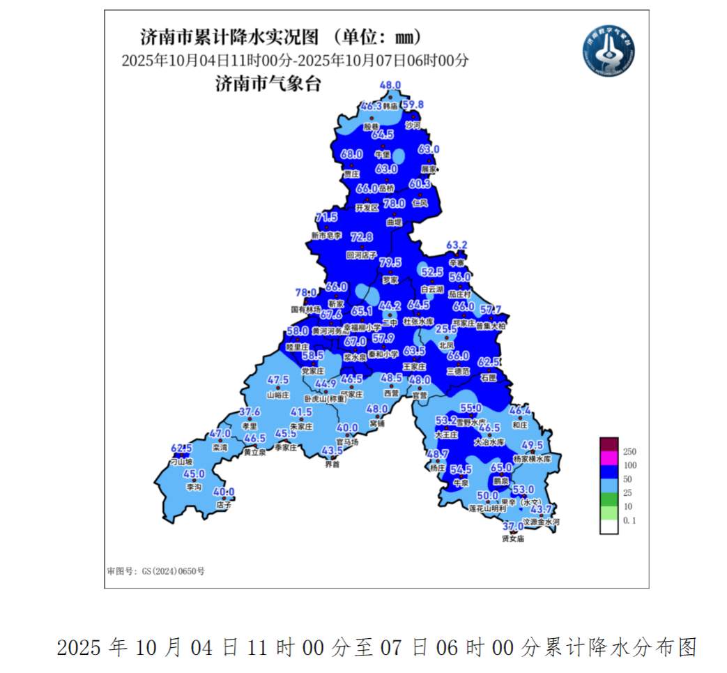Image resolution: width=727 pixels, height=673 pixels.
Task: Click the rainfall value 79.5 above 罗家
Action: pos(390,262)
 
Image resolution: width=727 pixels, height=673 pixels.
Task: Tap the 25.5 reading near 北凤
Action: pos(446,328)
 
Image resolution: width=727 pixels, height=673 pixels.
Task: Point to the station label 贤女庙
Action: pos(512,538)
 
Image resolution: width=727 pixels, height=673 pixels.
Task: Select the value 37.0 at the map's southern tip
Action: pos(513,527)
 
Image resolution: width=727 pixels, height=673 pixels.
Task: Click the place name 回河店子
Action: pos(361,255)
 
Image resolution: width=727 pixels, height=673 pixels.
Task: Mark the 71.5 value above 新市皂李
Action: pos(326,218)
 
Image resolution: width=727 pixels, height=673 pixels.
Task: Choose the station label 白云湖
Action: pos(432,289)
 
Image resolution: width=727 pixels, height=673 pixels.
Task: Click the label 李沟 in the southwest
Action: pos(194,487)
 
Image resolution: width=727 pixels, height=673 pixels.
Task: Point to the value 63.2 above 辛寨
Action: pos(457,245)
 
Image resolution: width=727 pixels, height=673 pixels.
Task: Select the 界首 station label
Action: pos(332,464)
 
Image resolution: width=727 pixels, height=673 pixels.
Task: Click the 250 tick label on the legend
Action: pos(629,451)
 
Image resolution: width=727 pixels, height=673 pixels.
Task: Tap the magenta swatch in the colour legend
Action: pos(609,458)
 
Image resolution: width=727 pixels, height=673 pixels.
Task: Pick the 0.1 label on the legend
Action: pos(629,520)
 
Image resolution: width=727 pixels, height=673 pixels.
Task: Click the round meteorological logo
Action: pos(609,50)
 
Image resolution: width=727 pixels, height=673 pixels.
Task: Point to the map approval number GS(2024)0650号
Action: pos(156,570)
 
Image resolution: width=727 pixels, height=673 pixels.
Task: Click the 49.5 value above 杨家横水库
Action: pos(532,445)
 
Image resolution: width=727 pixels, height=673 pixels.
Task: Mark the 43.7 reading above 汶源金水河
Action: pos(540,510)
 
